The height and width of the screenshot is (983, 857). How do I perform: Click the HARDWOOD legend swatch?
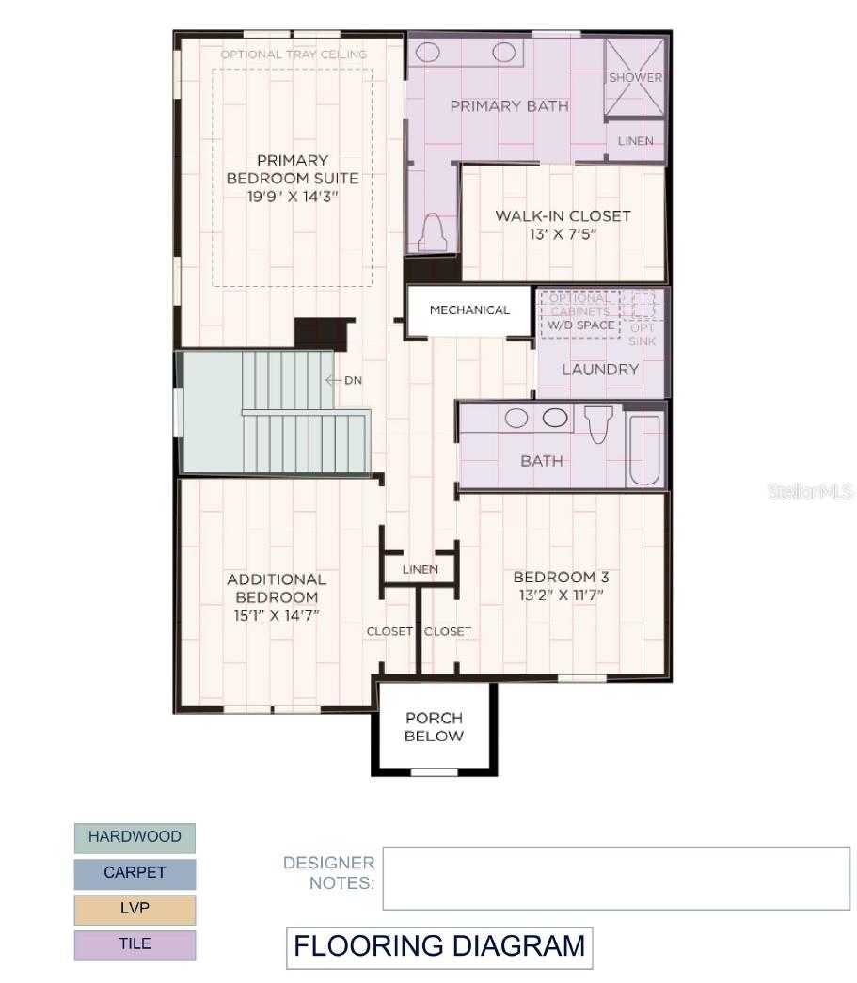135,837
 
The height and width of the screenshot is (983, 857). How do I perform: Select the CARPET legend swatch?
135,873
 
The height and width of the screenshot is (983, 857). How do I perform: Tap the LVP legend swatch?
135,909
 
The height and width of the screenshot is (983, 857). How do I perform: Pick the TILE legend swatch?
135,944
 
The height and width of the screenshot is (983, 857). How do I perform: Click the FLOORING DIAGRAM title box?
439,947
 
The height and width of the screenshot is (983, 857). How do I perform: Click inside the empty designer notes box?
615,878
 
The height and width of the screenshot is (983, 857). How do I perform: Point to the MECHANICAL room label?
469,310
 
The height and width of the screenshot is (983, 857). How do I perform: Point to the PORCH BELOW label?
434,727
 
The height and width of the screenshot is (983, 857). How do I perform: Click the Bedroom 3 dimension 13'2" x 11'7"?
557,595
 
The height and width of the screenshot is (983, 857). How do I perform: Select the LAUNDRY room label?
599,370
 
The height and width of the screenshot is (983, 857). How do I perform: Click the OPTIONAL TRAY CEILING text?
294,55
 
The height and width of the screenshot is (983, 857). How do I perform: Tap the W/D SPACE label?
581,325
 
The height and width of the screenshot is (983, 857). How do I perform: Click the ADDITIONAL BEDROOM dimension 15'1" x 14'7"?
276,614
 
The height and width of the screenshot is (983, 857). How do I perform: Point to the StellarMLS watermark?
809,492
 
